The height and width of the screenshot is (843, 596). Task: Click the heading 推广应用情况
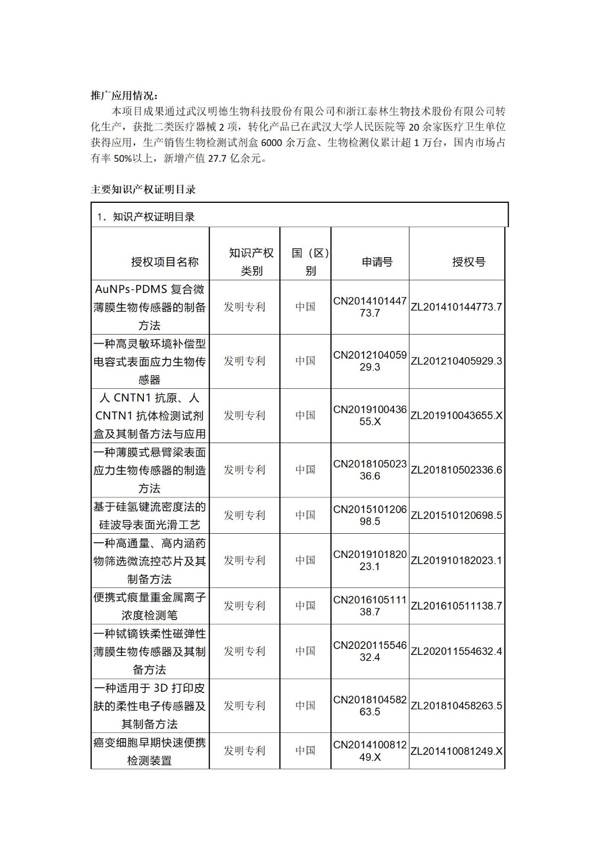pyautogui.click(x=124, y=95)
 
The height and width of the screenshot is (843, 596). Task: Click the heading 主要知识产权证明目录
pyautogui.click(x=143, y=189)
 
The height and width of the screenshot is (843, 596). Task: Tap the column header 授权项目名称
pyautogui.click(x=165, y=262)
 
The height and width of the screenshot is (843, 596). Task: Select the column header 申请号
pyautogui.click(x=377, y=262)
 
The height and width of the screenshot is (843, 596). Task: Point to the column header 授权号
pyautogui.click(x=468, y=262)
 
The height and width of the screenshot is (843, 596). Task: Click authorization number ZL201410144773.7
pyautogui.click(x=456, y=307)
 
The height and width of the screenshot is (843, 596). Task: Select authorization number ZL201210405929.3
pyautogui.click(x=456, y=361)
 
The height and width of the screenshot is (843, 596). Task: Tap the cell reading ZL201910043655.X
pyautogui.click(x=456, y=415)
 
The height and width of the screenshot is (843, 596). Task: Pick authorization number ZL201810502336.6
pyautogui.click(x=456, y=469)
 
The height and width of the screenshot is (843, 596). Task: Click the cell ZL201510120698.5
pyautogui.click(x=456, y=515)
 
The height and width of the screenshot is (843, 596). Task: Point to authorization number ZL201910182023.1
pyautogui.click(x=456, y=560)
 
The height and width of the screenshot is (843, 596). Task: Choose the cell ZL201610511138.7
pyautogui.click(x=456, y=605)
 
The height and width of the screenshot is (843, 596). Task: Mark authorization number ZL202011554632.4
pyautogui.click(x=456, y=651)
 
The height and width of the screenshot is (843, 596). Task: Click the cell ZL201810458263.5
pyautogui.click(x=456, y=705)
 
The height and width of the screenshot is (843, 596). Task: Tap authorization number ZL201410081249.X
pyautogui.click(x=456, y=750)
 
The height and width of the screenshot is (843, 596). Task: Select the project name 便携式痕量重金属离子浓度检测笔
pyautogui.click(x=150, y=606)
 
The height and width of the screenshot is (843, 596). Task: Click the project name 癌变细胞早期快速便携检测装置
pyautogui.click(x=150, y=751)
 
